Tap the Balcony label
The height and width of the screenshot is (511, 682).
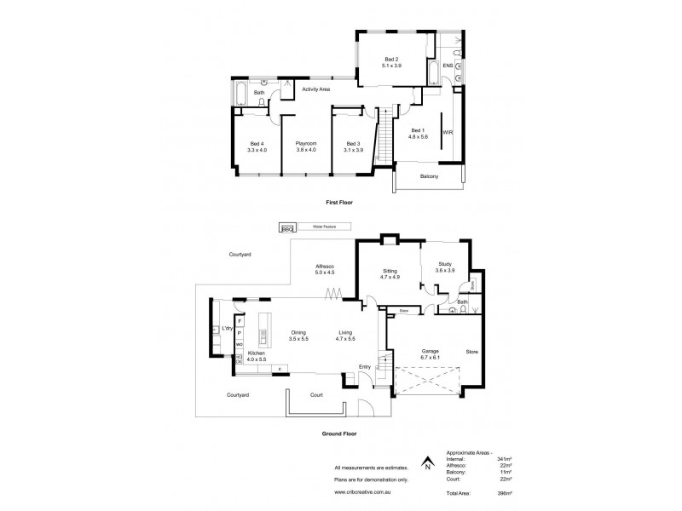pos(429,176)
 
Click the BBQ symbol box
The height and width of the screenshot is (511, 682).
pos(286,227)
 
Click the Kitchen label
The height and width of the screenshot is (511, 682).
pos(256,355)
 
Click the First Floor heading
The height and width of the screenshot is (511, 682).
pos(339,203)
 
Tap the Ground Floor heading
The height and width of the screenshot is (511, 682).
pos(339,433)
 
